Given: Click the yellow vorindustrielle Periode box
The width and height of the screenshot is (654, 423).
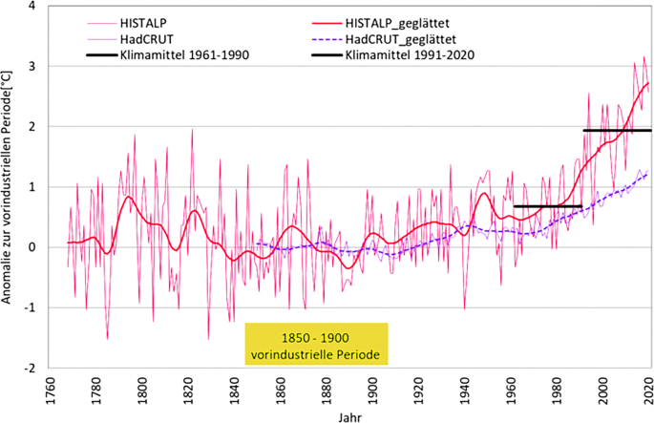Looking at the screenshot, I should (x=316, y=343).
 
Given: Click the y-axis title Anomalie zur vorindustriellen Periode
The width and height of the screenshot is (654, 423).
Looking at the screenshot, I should (x=9, y=186).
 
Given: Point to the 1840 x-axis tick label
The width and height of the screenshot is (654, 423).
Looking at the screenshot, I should (x=234, y=388).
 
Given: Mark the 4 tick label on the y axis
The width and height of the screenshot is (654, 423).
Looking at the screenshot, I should (x=31, y=7).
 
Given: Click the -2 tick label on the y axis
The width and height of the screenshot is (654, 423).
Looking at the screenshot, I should (x=29, y=368).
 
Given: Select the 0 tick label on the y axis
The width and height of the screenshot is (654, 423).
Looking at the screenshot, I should (x=31, y=247).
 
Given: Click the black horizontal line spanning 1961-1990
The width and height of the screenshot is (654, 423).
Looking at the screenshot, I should (x=547, y=206).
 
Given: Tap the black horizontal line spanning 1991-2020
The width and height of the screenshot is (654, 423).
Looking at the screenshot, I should (x=617, y=130).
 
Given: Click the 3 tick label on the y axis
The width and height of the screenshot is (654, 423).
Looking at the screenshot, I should (x=31, y=67).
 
